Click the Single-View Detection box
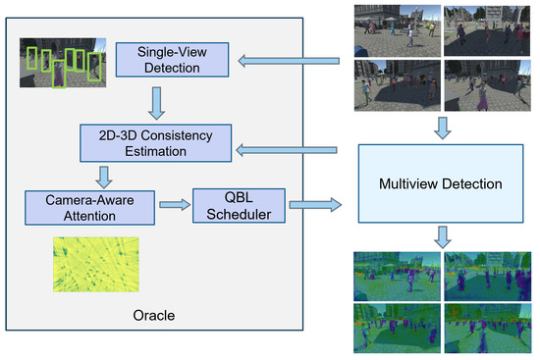click(158, 60)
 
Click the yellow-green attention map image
click(95, 263)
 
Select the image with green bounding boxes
click(64, 64)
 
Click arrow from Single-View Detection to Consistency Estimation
click(157, 100)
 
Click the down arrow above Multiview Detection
click(442, 127)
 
